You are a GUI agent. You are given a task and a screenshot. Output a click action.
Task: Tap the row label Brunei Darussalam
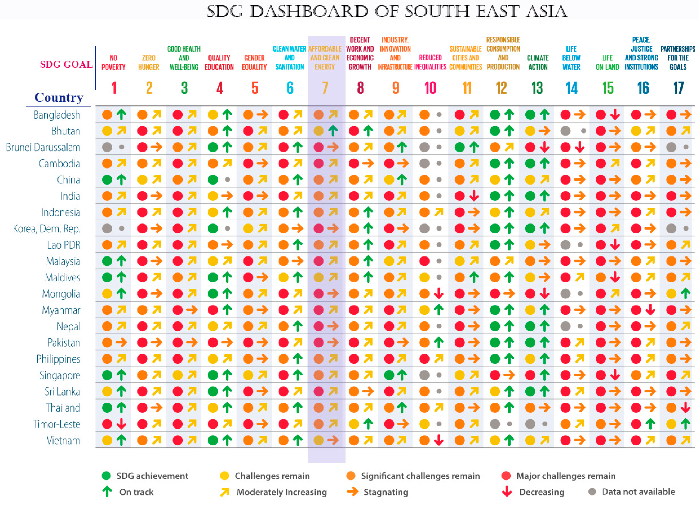tap(43, 147)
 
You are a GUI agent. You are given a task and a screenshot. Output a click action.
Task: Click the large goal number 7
tap(325, 88)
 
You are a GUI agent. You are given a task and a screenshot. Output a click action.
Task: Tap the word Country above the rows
tap(59, 97)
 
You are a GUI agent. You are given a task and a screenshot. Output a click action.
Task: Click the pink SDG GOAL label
tap(66, 64)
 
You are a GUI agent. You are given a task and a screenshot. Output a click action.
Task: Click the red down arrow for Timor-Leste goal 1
tap(121, 424)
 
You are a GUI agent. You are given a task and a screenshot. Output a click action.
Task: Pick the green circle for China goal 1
tap(107, 179)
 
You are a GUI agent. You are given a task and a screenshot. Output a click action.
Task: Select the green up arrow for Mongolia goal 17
tap(685, 293)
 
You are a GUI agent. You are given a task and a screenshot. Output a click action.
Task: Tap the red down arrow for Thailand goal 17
tap(685, 408)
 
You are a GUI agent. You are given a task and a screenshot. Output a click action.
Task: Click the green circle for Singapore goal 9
tap(389, 375)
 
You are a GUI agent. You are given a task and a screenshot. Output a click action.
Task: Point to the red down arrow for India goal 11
tap(474, 196)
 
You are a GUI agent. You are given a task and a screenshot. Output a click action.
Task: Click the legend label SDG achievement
tap(152, 476)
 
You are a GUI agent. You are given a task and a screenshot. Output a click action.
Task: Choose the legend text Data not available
tap(638, 492)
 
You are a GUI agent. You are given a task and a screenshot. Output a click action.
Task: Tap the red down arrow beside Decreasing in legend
tap(507, 492)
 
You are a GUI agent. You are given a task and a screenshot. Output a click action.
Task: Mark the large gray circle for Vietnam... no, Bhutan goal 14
tap(565, 131)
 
